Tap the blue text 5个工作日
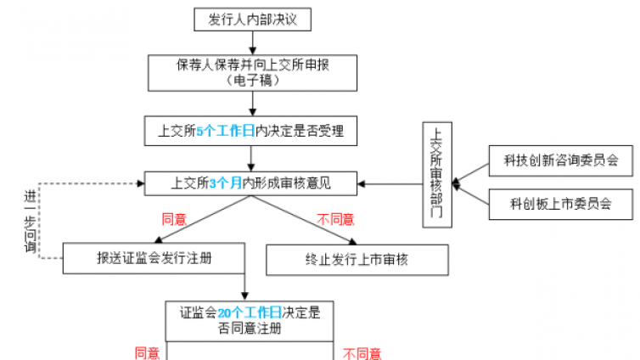tap(225, 132)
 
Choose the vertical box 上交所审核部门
tap(436, 174)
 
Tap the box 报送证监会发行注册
tap(154, 258)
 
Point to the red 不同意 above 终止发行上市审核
tap(336, 219)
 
